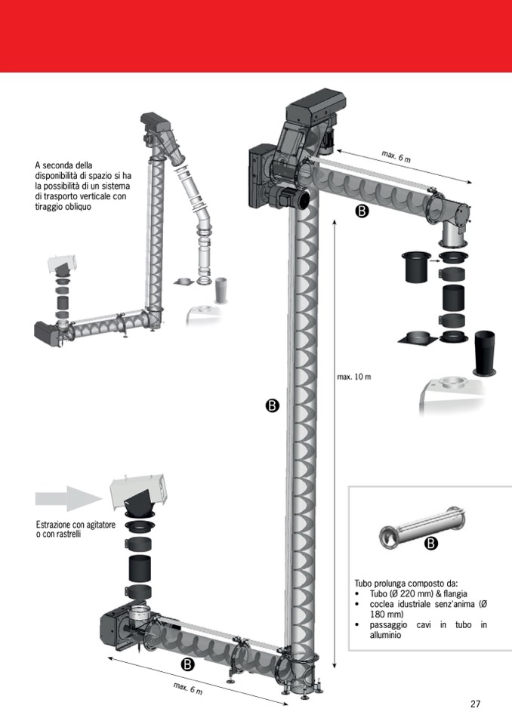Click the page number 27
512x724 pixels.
[475, 704]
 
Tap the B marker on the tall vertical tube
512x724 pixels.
[273, 406]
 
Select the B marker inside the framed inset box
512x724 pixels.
[430, 544]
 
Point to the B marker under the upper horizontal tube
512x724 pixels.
[362, 212]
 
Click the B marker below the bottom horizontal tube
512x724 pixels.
[188, 664]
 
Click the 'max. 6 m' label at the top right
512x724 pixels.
[396, 157]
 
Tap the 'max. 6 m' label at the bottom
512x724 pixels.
[187, 689]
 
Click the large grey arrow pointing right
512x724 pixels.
[68, 498]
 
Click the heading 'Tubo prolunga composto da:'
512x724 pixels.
[406, 584]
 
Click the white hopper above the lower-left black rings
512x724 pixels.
[138, 492]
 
